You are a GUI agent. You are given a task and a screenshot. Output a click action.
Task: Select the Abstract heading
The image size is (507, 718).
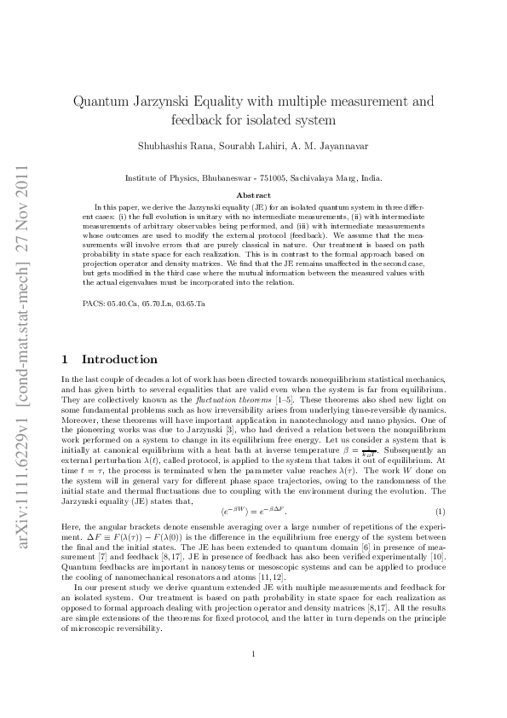pos(253,195)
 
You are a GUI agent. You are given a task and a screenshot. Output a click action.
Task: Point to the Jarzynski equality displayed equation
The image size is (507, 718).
pos(253,511)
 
